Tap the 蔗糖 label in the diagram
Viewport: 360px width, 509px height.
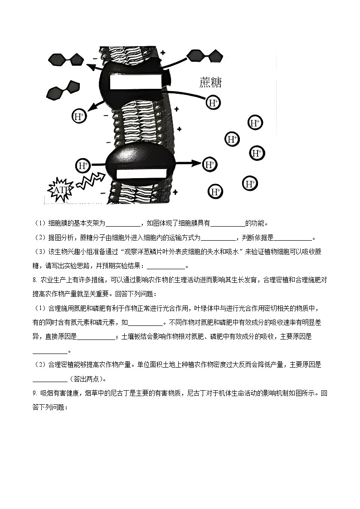pyautogui.click(x=210, y=83)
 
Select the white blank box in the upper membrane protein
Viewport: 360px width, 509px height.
pyautogui.click(x=135, y=82)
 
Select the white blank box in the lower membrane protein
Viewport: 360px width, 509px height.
pyautogui.click(x=141, y=174)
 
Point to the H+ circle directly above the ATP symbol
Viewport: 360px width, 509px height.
pyautogui.click(x=83, y=165)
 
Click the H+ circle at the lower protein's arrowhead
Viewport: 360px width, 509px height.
pyautogui.click(x=209, y=165)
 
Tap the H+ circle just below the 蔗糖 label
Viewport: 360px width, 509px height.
pyautogui.click(x=213, y=103)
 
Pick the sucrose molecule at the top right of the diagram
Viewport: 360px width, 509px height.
pyautogui.click(x=205, y=56)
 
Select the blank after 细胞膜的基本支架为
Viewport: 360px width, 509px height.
pyautogui.click(x=123, y=223)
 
